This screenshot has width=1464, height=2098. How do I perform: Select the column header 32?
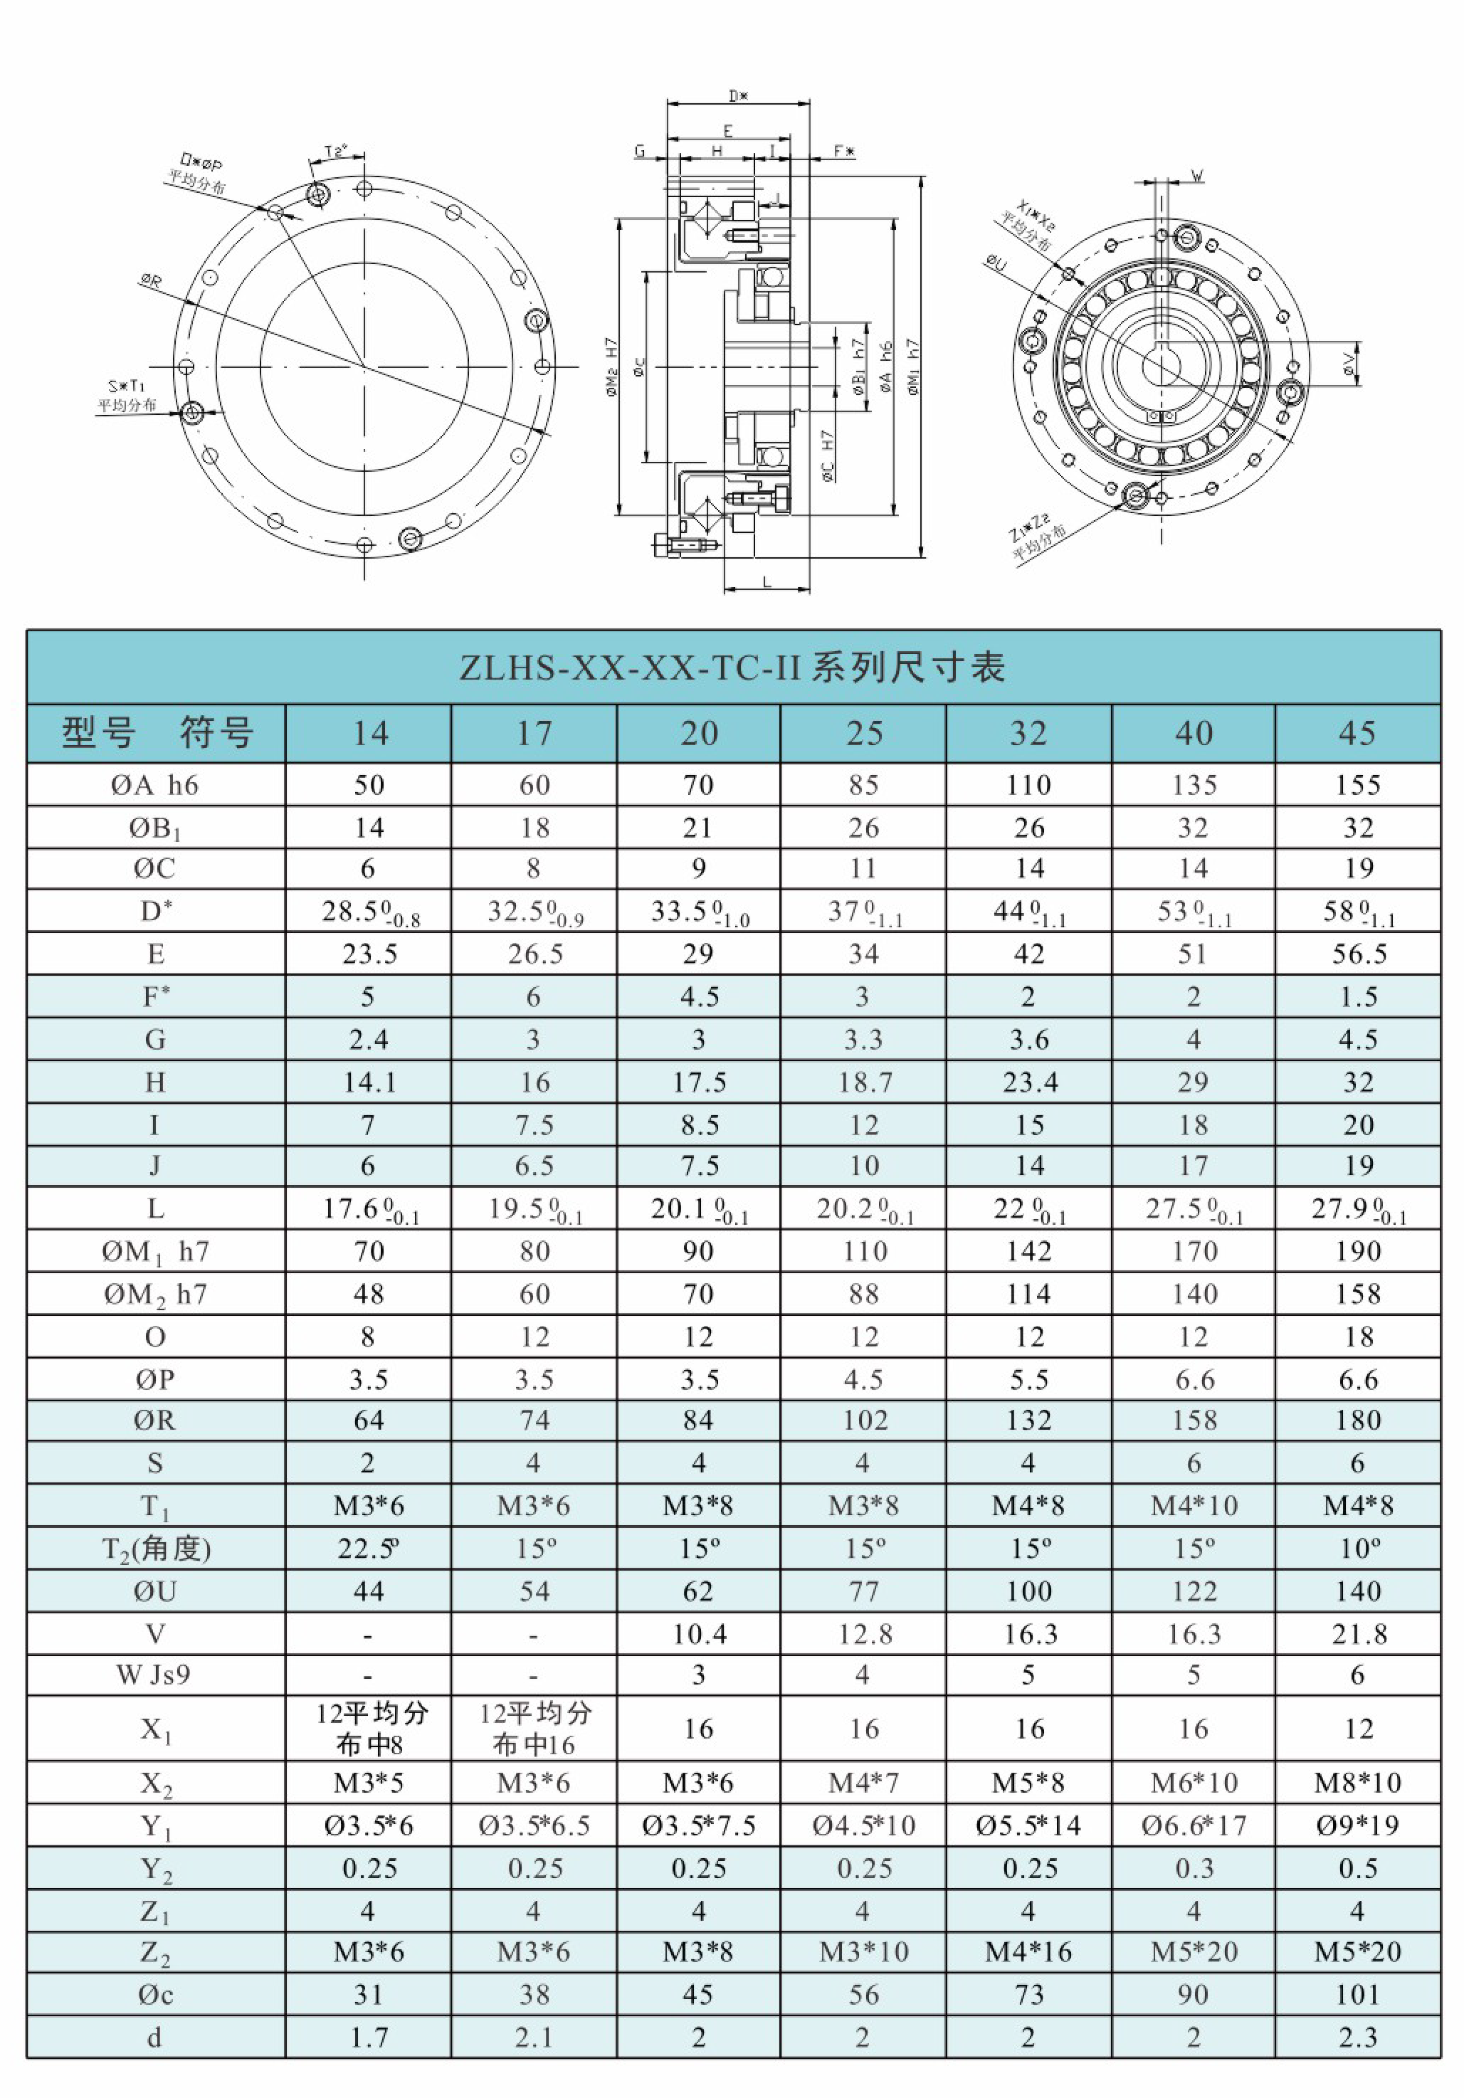(1028, 734)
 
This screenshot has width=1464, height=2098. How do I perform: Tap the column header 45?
(1357, 734)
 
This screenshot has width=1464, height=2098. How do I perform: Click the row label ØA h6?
(154, 785)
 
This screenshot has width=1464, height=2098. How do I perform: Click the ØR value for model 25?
(863, 1420)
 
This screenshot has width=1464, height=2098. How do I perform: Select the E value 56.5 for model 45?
(1358, 954)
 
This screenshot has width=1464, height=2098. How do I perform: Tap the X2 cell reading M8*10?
(1357, 1783)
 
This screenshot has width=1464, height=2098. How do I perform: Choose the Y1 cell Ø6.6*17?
(1193, 1825)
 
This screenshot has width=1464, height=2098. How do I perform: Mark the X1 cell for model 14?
(370, 1729)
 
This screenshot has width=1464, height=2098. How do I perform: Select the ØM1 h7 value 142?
(1028, 1251)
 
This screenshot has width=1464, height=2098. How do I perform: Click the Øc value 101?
(1357, 1995)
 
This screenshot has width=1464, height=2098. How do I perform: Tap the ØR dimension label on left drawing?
(151, 280)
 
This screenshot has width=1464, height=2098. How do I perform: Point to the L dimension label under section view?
(767, 581)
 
